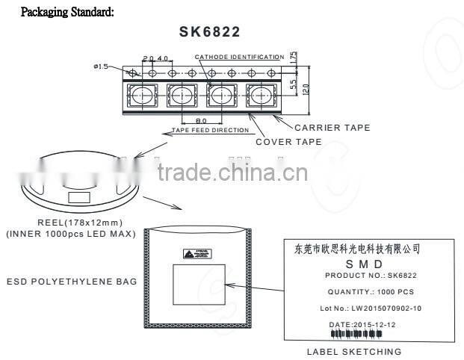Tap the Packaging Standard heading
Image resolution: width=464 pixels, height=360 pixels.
pos(67,12)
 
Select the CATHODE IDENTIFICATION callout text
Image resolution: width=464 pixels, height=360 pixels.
pos(239,58)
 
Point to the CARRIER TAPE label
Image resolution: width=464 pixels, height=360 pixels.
pos(332,128)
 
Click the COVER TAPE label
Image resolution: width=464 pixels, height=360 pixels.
pos(288,142)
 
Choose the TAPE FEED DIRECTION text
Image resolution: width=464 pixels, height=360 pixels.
pos(210,130)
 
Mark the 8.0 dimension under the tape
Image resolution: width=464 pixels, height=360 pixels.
pos(201,120)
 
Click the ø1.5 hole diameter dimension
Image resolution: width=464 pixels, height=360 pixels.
pos(102,66)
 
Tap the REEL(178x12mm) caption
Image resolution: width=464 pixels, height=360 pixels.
pos(80,223)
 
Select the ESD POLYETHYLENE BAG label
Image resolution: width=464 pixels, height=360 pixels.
pos(72,282)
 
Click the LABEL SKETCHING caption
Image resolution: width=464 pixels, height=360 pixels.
pos(354,351)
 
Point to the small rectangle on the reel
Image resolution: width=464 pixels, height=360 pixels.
pos(79,197)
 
